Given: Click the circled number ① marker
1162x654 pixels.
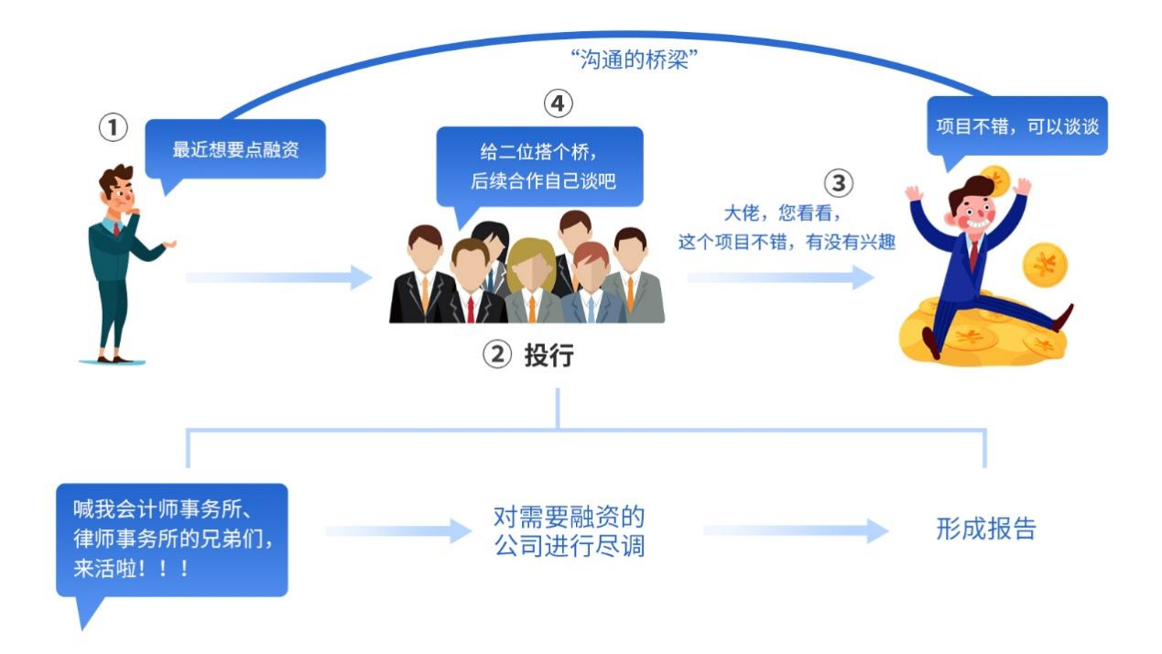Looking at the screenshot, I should (x=114, y=129).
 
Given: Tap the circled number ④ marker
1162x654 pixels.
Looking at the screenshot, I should (x=557, y=104).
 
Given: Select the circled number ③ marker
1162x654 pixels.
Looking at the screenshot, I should (x=838, y=183).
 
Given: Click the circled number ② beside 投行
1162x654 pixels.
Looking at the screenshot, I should (x=496, y=355).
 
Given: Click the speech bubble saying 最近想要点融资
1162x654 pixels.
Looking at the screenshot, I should (x=235, y=150).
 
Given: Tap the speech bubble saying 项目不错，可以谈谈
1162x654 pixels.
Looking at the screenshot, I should (x=1016, y=126).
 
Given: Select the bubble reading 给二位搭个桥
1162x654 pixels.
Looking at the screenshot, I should (x=538, y=167).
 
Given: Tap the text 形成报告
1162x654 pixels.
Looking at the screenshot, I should (x=985, y=529).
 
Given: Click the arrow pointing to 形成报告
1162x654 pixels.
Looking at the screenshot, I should (x=795, y=530).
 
